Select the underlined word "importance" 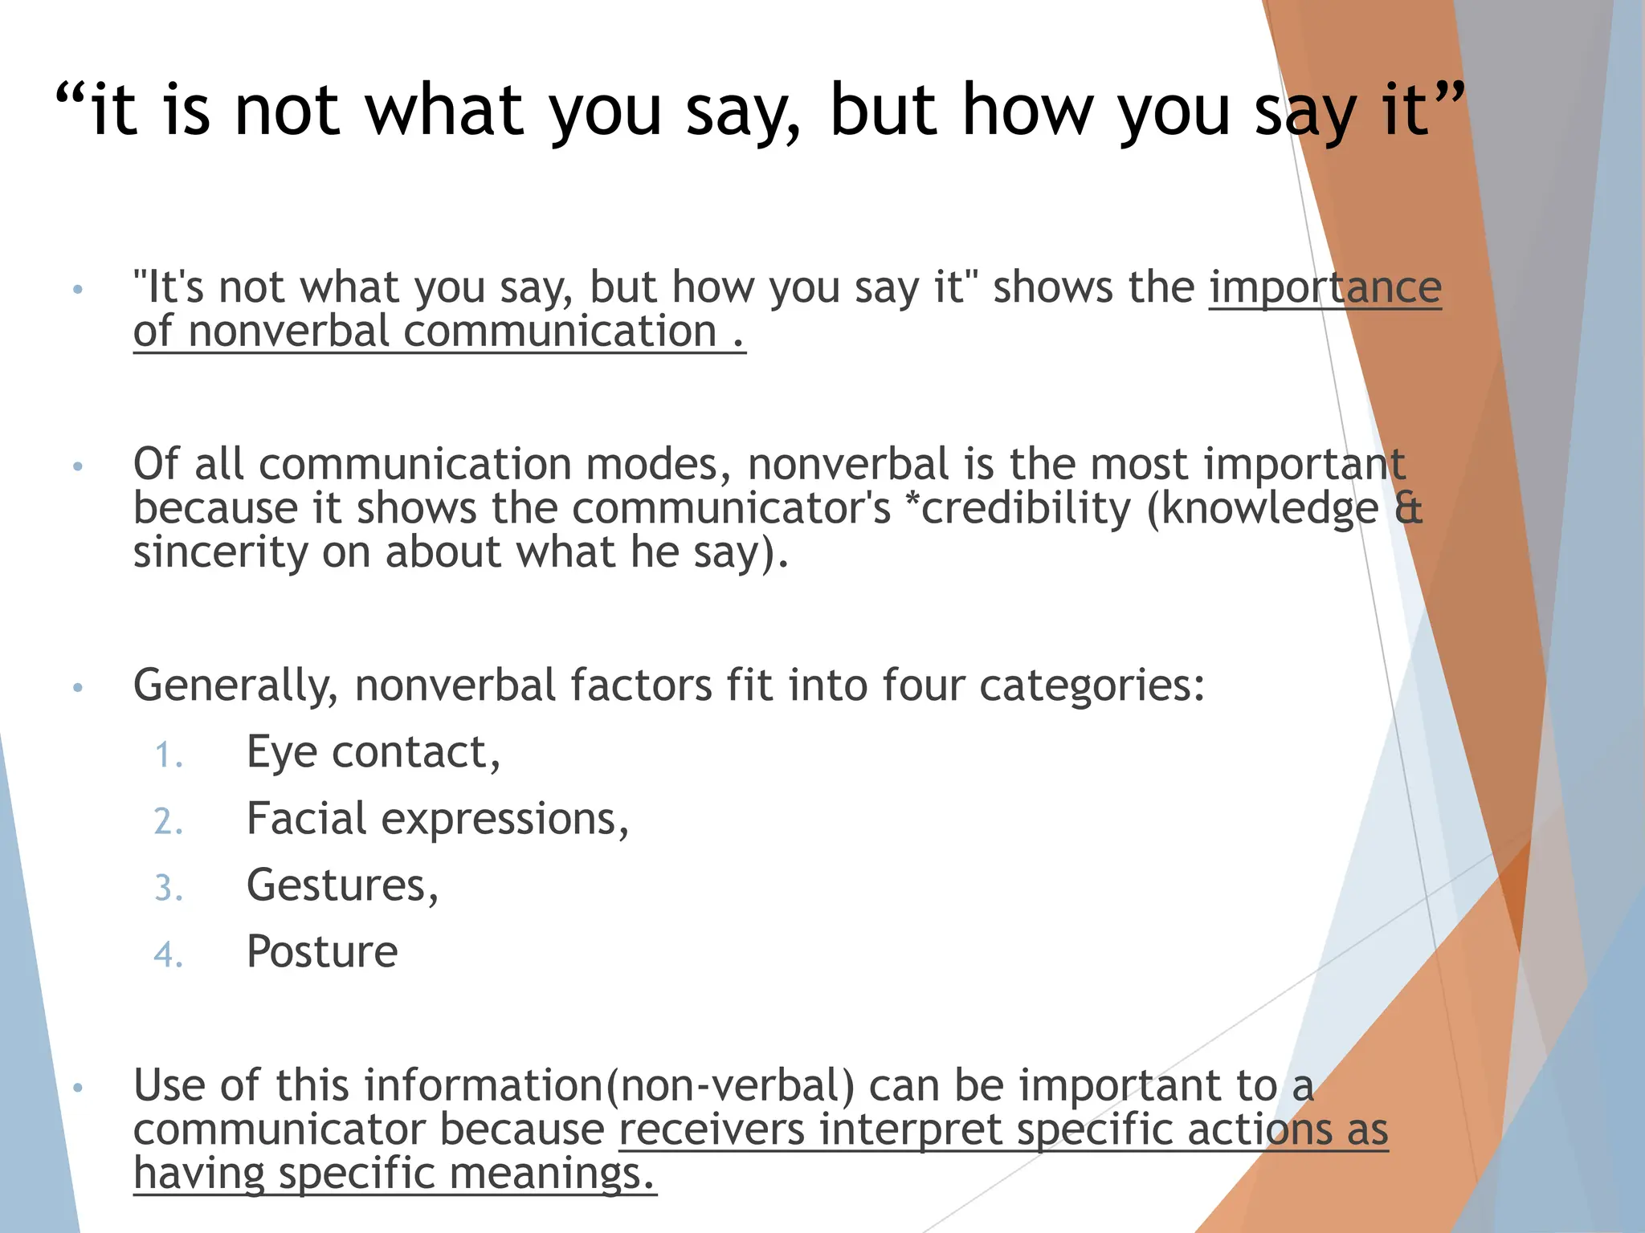(1325, 287)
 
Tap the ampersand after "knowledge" (1408, 508)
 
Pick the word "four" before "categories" (923, 686)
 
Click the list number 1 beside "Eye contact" (169, 756)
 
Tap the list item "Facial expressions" (437, 820)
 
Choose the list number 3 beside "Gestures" (169, 889)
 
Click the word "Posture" (322, 952)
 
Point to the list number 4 (169, 955)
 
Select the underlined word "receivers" (712, 1129)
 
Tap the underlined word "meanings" (553, 1174)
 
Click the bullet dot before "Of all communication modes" (78, 466)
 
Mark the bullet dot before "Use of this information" (78, 1089)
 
